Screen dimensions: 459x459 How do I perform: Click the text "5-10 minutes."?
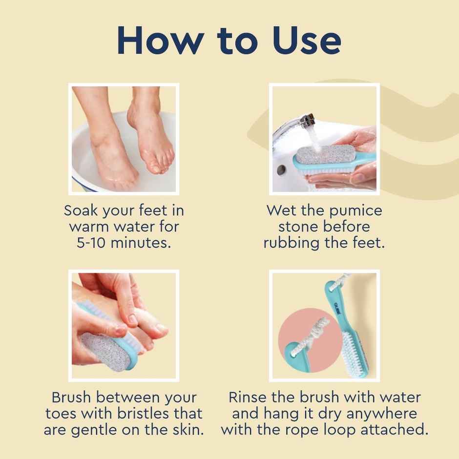(124, 243)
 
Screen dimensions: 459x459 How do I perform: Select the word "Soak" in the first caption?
(81, 211)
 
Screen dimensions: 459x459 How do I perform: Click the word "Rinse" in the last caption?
(248, 397)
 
